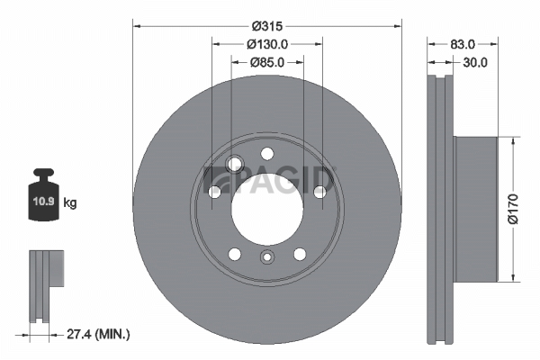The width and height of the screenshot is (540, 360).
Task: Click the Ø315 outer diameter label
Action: pos(267,26)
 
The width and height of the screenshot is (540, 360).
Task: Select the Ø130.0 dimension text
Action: pos(267,44)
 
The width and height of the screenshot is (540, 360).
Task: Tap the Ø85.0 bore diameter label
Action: pos(267,62)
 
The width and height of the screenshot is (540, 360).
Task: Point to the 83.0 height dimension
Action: pos(463,44)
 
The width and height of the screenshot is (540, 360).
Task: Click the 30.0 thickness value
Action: pos(475,62)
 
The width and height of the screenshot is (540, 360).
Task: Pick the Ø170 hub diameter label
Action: pos(513,209)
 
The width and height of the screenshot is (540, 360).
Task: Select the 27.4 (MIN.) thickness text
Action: pos(98,334)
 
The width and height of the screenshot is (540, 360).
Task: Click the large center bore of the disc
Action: pos(267,209)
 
